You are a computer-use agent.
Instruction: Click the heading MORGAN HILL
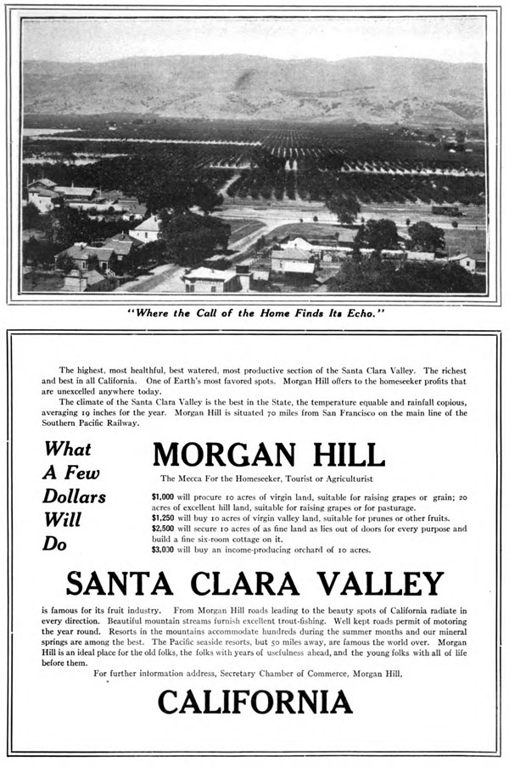tap(268, 455)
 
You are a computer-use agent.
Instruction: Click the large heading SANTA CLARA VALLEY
tap(255, 584)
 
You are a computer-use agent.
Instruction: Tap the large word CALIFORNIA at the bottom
tap(255, 702)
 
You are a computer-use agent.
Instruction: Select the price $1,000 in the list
tap(162, 496)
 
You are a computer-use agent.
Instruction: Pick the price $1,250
tap(162, 518)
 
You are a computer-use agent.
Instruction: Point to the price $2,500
tap(162, 529)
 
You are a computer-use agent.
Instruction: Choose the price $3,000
tap(162, 550)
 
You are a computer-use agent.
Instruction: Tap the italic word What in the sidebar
tap(67, 450)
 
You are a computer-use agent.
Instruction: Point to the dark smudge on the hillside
tap(245, 81)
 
